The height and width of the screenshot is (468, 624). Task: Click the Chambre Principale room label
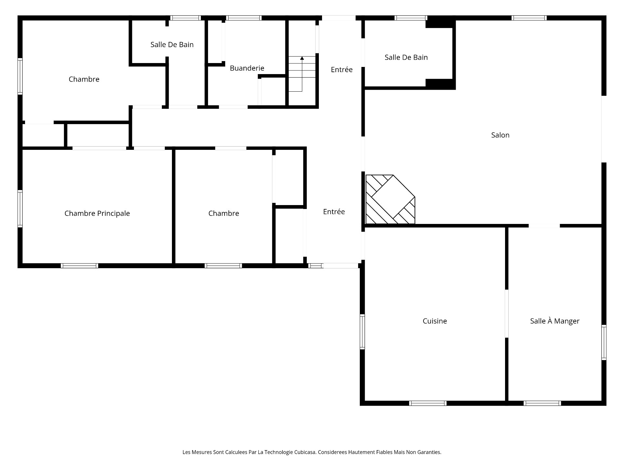[97, 214]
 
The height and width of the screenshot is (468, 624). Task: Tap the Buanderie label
[247, 68]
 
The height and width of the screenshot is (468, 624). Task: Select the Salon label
[500, 135]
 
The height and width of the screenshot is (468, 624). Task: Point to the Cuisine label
[435, 321]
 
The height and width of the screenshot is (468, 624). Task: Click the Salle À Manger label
[554, 321]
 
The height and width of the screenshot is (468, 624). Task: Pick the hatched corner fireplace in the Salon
[390, 200]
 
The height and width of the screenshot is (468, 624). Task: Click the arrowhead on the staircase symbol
[302, 58]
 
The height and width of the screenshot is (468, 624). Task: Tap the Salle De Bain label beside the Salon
[406, 58]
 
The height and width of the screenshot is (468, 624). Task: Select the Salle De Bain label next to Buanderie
[172, 45]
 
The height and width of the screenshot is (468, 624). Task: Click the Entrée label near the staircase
[342, 70]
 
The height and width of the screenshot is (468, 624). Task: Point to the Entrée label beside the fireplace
[334, 212]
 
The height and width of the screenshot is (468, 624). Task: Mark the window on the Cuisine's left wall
[362, 331]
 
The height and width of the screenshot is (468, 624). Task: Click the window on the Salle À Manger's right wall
[604, 342]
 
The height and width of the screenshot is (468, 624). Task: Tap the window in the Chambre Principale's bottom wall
[79, 266]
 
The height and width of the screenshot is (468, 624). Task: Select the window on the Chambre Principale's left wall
[20, 209]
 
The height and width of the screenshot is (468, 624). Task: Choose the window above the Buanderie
[244, 18]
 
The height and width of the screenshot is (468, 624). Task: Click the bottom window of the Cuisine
[428, 403]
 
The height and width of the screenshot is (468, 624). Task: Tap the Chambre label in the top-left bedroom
[84, 79]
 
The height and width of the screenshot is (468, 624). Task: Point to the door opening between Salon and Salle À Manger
[544, 226]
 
